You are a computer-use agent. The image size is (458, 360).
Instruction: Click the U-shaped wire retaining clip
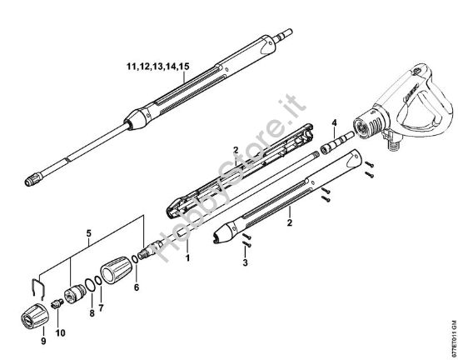(x=33, y=287)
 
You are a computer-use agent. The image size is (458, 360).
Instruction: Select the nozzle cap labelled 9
(x=32, y=318)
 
